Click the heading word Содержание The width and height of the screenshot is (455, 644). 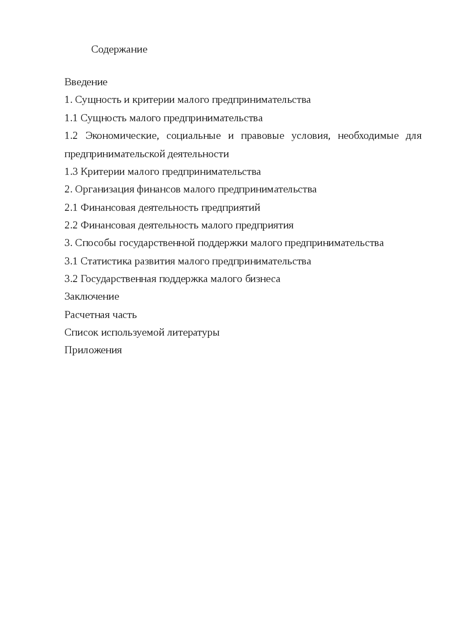pos(119,49)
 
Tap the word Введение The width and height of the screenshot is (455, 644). pos(86,82)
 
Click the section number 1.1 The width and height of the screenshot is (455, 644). pos(71,118)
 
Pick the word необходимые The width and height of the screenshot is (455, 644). pos(368,136)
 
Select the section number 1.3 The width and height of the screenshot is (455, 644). pos(71,172)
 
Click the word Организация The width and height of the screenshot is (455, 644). pos(105,190)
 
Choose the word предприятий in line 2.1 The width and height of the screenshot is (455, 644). pos(231,208)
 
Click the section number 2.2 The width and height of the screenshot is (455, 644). pos(71,225)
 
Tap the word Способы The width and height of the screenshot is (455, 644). pos(96,243)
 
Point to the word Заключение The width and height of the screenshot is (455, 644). pos(92,297)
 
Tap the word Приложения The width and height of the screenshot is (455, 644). pos(93,351)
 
